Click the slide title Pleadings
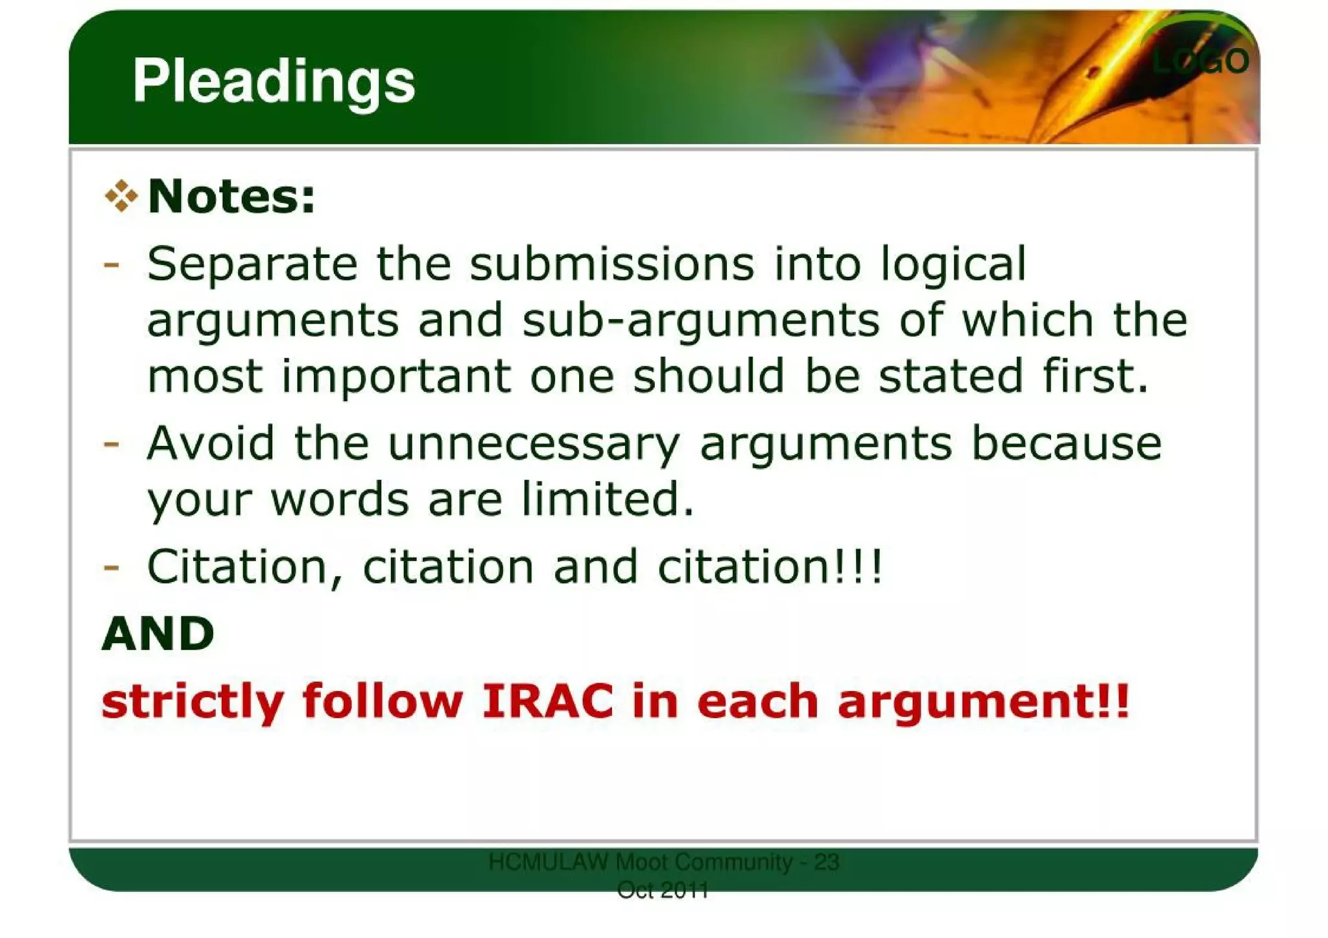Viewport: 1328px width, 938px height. [273, 82]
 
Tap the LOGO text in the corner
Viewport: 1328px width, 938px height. [1200, 62]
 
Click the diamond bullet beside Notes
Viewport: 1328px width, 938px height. [121, 196]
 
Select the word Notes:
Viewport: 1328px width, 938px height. [231, 196]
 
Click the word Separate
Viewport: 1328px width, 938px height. [252, 264]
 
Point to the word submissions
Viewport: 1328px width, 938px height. [612, 264]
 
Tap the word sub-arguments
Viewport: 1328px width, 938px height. [701, 322]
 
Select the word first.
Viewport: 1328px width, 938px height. [1095, 376]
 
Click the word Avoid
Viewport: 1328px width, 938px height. [211, 443]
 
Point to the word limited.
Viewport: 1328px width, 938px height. [608, 499]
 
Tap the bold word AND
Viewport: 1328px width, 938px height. [158, 634]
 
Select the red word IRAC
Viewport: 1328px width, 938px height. [548, 701]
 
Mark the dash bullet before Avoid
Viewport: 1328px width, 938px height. [111, 444]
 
